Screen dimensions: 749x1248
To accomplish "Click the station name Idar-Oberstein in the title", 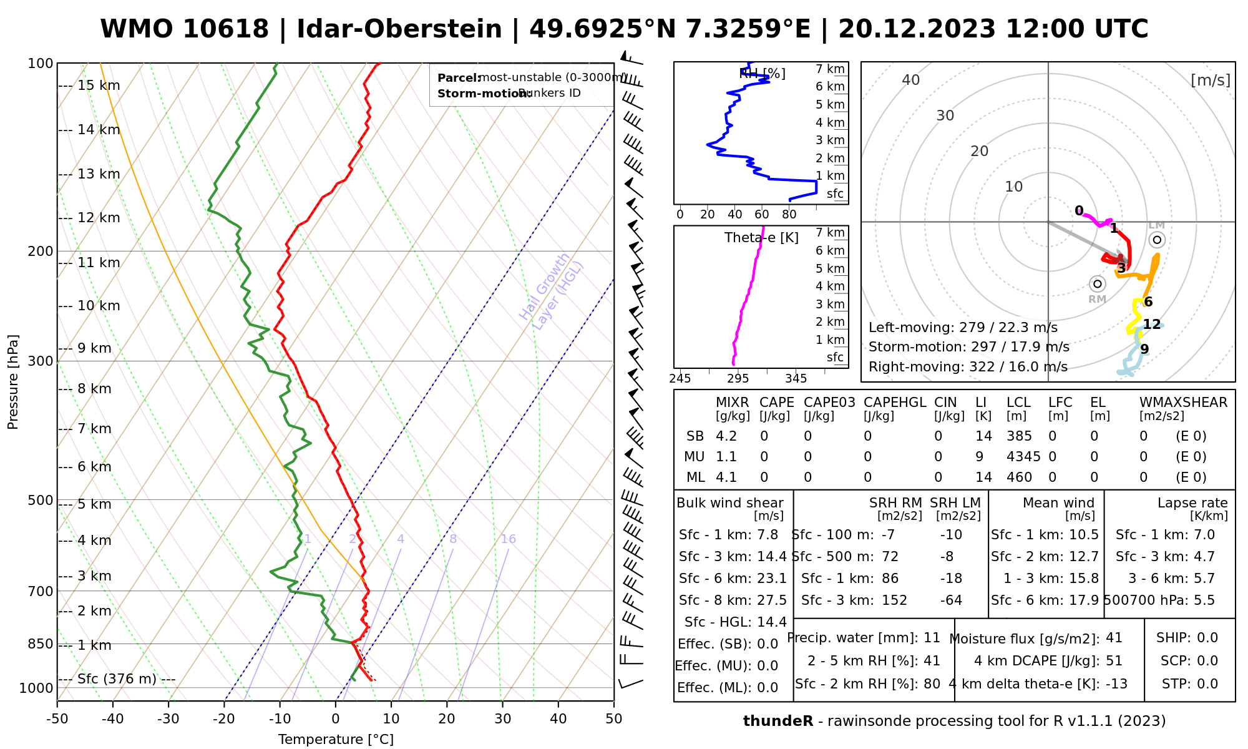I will [399, 29].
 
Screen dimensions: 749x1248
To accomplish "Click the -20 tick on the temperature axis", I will [224, 719].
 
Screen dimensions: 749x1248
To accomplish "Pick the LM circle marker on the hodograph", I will [1157, 240].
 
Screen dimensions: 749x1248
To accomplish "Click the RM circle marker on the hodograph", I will [1098, 284].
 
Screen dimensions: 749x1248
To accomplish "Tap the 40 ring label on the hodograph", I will [911, 80].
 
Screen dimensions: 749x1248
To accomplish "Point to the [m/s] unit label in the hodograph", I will [1211, 80].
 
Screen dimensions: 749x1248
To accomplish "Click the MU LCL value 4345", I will [1023, 457].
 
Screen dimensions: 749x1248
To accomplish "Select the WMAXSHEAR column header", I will [1183, 403].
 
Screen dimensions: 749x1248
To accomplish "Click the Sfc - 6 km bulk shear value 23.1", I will [771, 579].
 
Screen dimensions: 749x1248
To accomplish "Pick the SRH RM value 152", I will [894, 600].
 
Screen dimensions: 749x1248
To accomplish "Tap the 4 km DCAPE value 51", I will [1114, 661].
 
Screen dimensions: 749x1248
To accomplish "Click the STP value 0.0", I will [1207, 684].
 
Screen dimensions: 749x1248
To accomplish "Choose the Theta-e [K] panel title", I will [761, 238].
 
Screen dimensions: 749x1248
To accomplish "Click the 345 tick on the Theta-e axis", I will [796, 379].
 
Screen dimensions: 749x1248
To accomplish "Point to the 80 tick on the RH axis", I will [789, 215].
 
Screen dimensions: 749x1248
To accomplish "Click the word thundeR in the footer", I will [778, 722].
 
